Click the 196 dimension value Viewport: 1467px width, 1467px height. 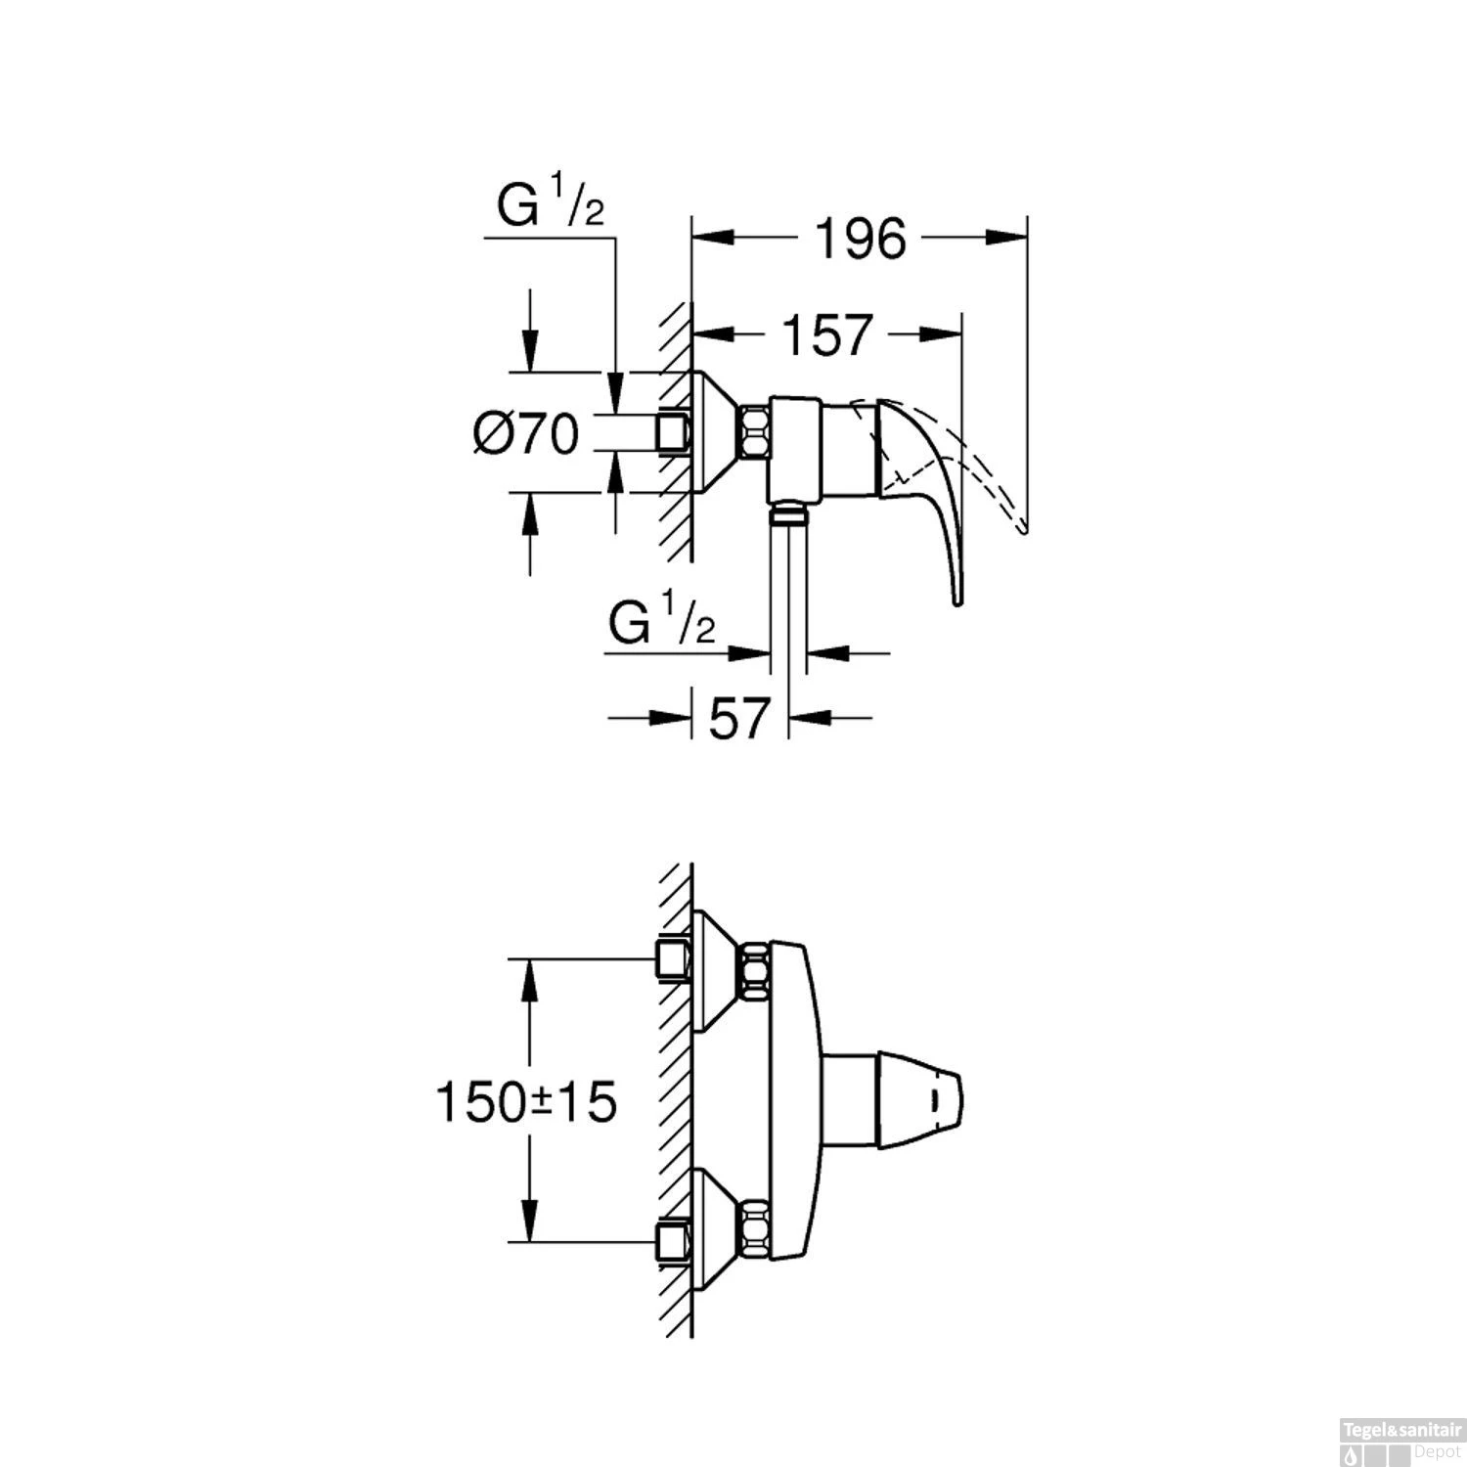[861, 239]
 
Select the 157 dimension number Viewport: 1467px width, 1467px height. [825, 335]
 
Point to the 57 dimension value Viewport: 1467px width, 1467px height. [739, 720]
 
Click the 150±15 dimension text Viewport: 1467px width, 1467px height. [526, 1103]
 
